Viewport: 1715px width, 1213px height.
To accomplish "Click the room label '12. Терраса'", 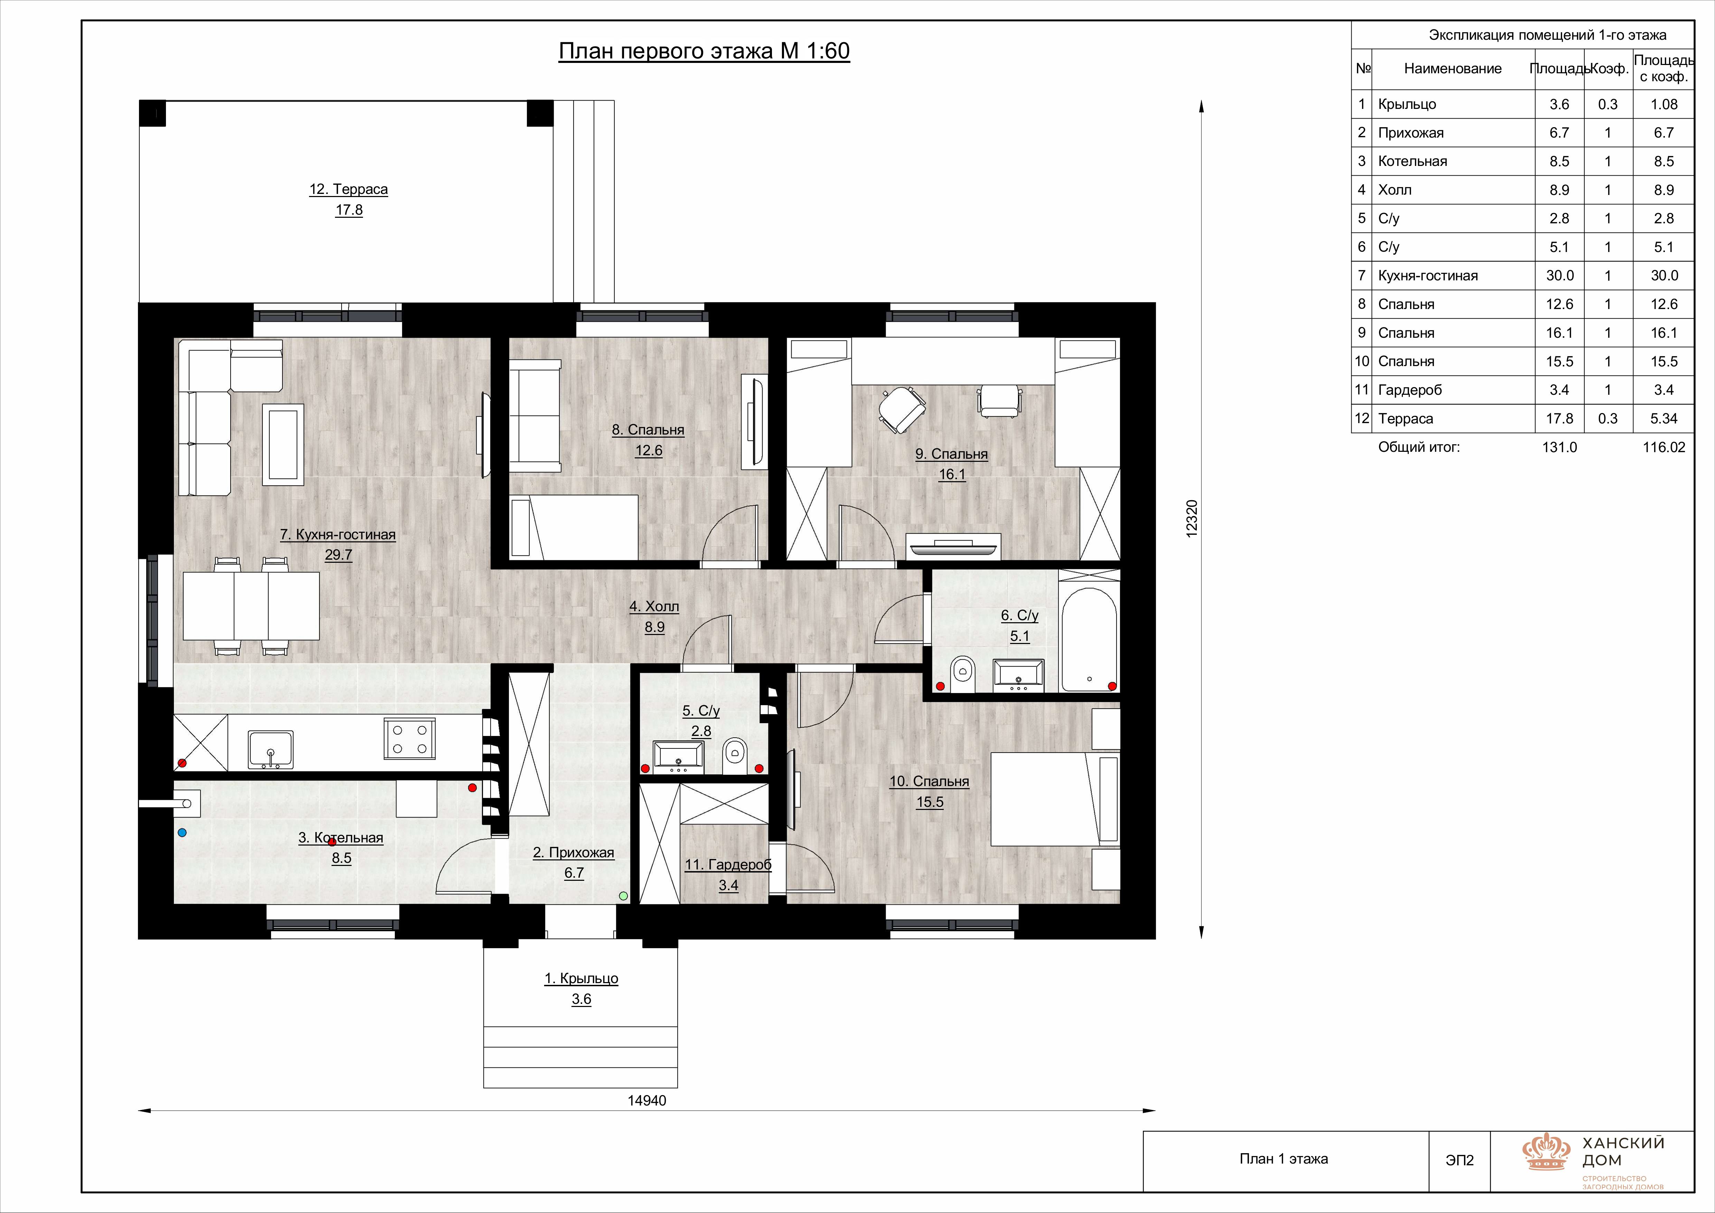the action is click(349, 189).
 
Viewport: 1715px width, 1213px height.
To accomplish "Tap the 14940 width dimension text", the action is click(647, 1100).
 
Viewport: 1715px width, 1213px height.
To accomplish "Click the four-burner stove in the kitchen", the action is click(409, 739).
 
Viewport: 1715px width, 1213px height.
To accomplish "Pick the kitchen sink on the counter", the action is click(270, 749).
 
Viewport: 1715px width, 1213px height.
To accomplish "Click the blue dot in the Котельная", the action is click(181, 832).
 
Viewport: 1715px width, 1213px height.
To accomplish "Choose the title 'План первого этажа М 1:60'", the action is click(705, 51).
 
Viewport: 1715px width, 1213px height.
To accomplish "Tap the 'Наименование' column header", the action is click(1453, 69).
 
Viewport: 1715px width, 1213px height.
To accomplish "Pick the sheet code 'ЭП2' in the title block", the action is click(1460, 1160).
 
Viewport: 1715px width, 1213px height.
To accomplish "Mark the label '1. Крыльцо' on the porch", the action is click(581, 979).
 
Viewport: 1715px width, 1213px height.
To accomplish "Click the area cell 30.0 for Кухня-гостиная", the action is click(1560, 276).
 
